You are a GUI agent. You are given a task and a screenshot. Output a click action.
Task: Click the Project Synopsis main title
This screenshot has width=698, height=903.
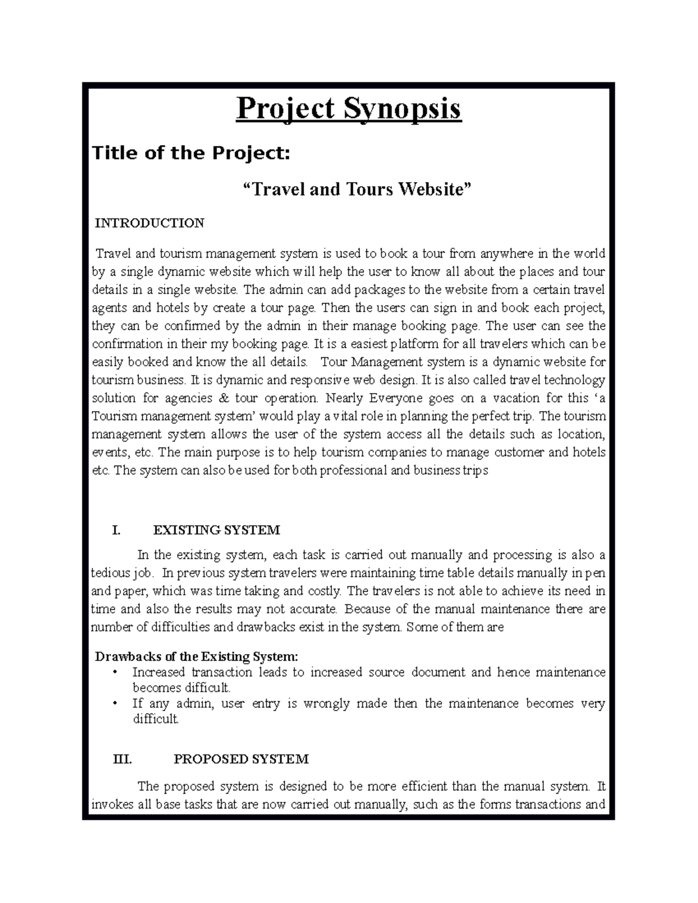(348, 109)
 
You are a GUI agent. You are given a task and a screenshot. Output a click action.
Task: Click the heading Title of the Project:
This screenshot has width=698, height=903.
(191, 153)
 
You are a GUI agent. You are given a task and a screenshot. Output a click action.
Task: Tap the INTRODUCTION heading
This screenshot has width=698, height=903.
(149, 223)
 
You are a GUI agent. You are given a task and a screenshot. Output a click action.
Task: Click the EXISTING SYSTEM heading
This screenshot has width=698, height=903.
(216, 530)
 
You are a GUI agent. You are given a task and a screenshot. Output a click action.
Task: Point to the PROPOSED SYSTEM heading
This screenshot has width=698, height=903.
(241, 759)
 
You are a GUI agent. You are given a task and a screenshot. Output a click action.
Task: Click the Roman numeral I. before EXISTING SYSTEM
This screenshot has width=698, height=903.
(116, 530)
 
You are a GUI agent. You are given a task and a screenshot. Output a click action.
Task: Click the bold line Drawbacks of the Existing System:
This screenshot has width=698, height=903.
(197, 656)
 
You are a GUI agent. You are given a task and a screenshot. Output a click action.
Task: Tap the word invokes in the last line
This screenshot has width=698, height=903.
(111, 805)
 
